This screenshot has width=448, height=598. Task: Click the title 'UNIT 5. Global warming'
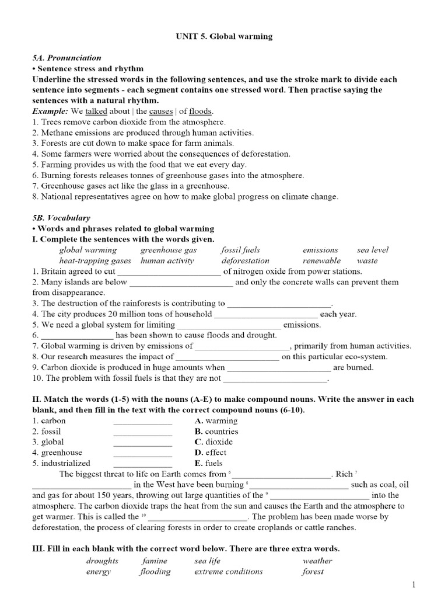(x=224, y=37)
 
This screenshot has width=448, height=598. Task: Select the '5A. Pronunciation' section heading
(x=66, y=58)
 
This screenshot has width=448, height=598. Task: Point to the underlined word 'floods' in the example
(x=200, y=111)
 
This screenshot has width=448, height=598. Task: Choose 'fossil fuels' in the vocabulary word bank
(x=240, y=250)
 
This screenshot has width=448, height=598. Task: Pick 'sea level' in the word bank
(x=373, y=250)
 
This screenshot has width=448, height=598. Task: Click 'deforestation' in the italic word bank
(x=245, y=260)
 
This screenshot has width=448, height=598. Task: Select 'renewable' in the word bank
(x=321, y=260)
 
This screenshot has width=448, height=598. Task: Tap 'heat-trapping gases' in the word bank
(x=95, y=260)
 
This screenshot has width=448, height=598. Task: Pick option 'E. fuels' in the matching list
(x=209, y=463)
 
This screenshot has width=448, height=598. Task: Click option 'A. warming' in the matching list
(x=216, y=421)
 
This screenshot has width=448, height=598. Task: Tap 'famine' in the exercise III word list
(x=154, y=561)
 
